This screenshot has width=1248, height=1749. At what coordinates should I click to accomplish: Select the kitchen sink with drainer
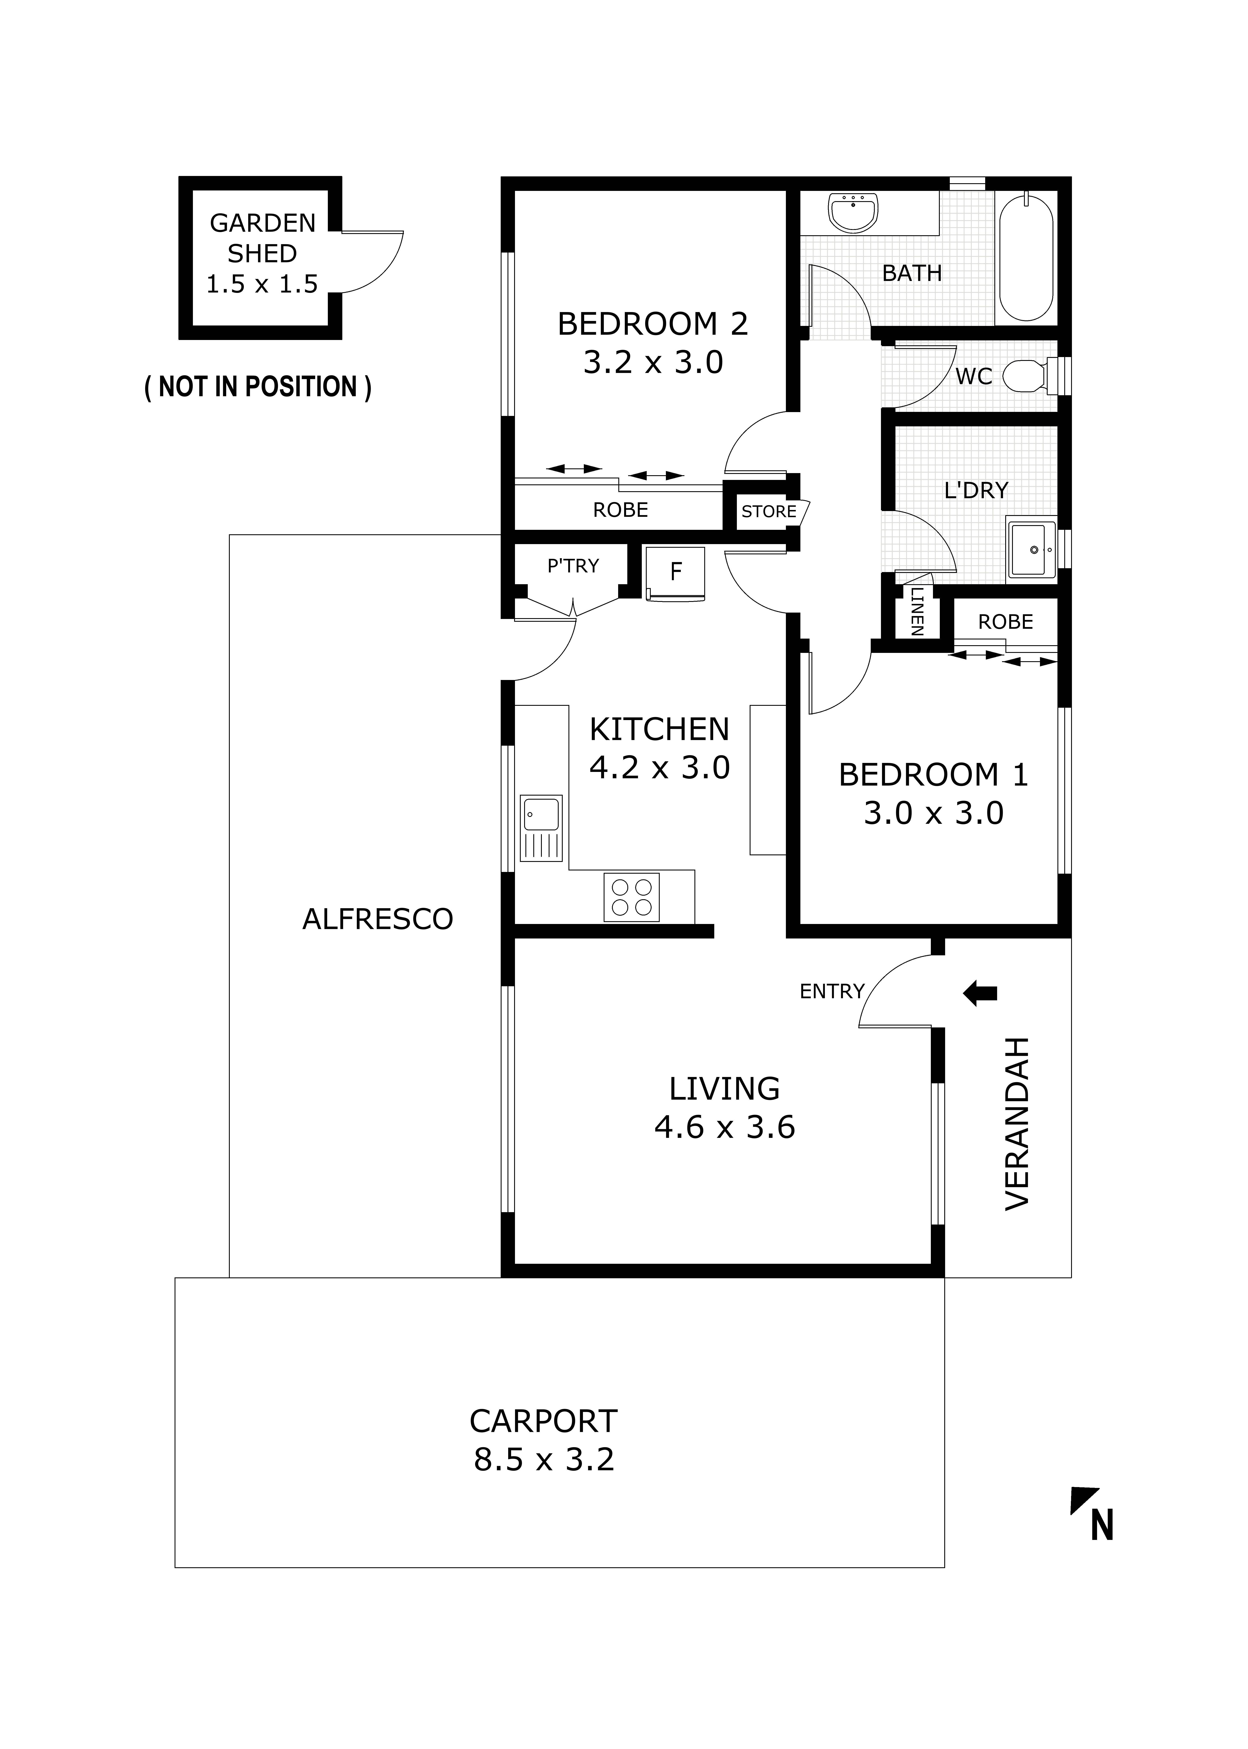[x=542, y=828]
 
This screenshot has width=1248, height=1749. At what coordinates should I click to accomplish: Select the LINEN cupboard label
[x=917, y=611]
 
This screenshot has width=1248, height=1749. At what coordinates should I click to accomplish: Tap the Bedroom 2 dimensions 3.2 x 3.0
[x=653, y=362]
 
